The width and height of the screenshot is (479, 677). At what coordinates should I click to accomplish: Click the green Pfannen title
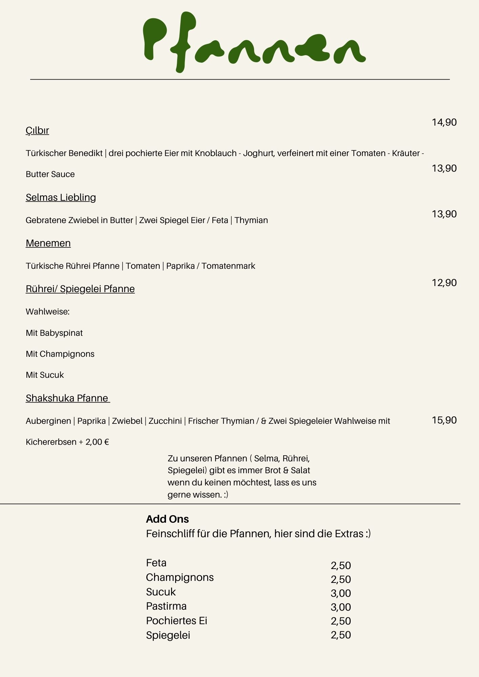click(254, 42)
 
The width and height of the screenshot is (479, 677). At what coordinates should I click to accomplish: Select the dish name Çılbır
click(37, 130)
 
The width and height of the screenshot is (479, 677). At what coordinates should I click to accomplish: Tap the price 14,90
click(444, 122)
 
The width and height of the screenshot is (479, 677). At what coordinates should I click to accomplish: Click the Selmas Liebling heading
click(61, 197)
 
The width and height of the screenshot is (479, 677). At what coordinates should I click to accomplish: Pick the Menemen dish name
click(48, 243)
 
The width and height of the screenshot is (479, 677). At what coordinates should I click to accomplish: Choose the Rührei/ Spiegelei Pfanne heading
click(80, 289)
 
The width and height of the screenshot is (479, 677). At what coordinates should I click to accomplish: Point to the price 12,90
click(444, 283)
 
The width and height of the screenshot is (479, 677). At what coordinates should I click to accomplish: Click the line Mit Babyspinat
click(54, 333)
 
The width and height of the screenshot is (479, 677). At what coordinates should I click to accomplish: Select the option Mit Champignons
click(60, 354)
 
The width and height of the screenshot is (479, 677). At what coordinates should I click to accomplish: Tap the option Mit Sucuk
click(45, 375)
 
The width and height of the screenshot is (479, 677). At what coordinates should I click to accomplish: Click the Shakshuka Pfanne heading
click(67, 398)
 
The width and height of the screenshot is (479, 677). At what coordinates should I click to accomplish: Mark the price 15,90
click(444, 420)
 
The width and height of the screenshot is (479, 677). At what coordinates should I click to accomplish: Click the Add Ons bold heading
click(167, 519)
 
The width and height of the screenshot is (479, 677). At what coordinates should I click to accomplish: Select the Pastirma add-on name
click(166, 606)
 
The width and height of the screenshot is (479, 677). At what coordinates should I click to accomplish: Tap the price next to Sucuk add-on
click(341, 593)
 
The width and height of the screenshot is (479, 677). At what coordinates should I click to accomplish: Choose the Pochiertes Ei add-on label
click(176, 620)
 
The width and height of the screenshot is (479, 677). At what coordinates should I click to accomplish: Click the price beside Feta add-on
click(341, 565)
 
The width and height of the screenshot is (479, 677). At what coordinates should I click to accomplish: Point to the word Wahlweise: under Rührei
click(47, 311)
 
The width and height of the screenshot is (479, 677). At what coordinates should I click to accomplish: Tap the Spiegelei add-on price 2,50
click(341, 635)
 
